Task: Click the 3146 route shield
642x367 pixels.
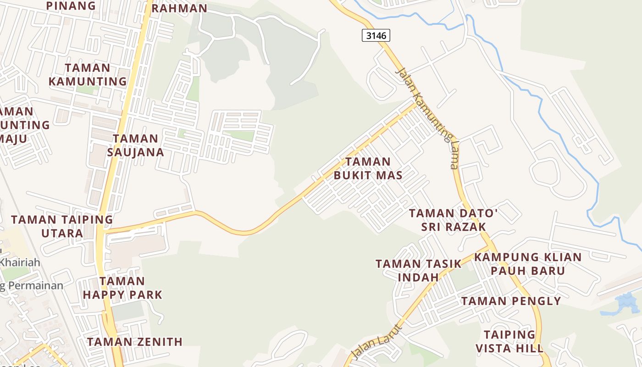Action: pos(376,35)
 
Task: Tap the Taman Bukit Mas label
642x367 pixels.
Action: pos(368,168)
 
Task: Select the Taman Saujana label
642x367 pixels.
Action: pos(135,145)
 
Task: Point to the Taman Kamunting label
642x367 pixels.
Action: pos(88,75)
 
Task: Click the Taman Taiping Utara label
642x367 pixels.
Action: pos(62,226)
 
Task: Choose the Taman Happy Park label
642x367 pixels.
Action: pos(122,288)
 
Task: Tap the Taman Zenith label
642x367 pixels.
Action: pos(135,342)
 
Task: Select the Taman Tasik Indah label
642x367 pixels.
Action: pos(418,270)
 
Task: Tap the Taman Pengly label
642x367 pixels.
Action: pos(511,301)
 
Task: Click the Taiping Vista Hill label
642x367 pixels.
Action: pos(509,341)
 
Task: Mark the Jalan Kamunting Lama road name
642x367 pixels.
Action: pos(428,118)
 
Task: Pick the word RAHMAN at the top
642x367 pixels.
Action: pos(179,8)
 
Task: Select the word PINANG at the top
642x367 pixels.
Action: pos(71,6)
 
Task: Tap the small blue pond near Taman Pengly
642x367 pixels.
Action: pos(625,304)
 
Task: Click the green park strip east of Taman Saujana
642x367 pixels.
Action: pos(238,135)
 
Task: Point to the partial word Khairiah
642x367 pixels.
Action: pos(20,263)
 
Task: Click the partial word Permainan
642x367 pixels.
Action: pos(32,286)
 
